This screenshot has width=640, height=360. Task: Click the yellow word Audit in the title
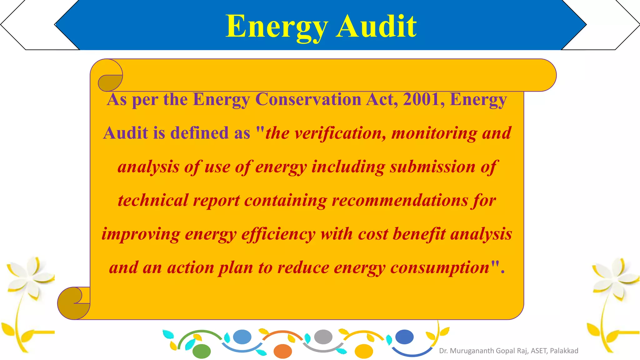coord(376,26)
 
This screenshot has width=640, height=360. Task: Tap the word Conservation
coord(308,99)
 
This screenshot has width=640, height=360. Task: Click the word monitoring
coord(434,133)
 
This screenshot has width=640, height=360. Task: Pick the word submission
coord(432,167)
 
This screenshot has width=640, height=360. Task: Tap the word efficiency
coord(278,234)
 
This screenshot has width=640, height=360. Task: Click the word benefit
coord(419,234)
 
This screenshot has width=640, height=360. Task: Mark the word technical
coord(153,200)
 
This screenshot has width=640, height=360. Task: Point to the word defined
coord(200,133)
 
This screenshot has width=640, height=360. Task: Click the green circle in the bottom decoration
coord(202,351)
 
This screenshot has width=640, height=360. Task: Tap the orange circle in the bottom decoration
coord(282,351)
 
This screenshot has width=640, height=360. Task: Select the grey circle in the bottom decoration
coord(323,337)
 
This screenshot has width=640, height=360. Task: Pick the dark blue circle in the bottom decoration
coord(404,337)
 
